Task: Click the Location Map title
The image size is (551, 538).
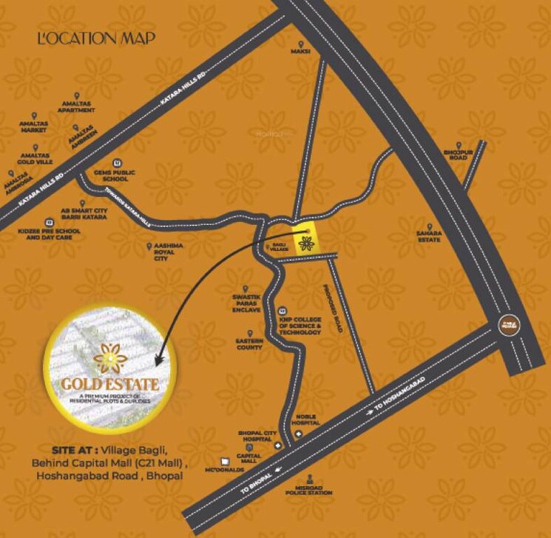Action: pos(96,38)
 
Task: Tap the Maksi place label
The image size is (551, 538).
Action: pos(300,52)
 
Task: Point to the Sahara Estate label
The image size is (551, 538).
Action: pos(429,236)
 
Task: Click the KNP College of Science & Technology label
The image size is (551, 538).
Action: pos(300,325)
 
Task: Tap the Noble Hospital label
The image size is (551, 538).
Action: pos(305,420)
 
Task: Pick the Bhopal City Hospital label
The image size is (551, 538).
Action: pos(256,436)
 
